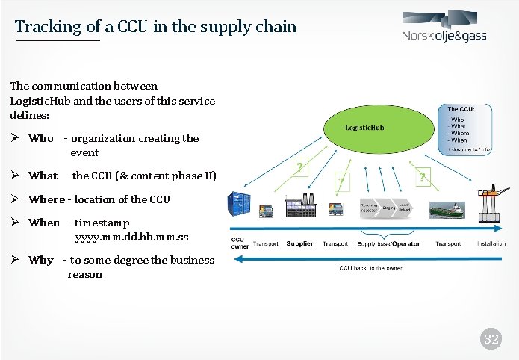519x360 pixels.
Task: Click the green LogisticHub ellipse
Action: click(364, 128)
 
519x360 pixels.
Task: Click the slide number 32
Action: click(491, 340)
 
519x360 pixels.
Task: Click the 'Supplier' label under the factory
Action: click(299, 244)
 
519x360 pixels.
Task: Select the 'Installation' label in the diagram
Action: click(491, 244)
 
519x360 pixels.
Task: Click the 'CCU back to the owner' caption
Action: click(370, 267)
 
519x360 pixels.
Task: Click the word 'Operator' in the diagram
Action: click(406, 244)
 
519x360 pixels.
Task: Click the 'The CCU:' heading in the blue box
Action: click(465, 110)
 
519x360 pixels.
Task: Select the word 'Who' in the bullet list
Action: click(41, 138)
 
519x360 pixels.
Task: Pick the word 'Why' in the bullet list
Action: click(41, 261)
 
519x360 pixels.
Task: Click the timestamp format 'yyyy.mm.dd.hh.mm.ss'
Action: click(131, 238)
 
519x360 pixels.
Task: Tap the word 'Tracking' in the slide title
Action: click(46, 27)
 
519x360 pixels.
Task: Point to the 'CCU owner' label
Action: click(240, 243)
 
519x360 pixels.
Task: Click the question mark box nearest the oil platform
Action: click(423, 176)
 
